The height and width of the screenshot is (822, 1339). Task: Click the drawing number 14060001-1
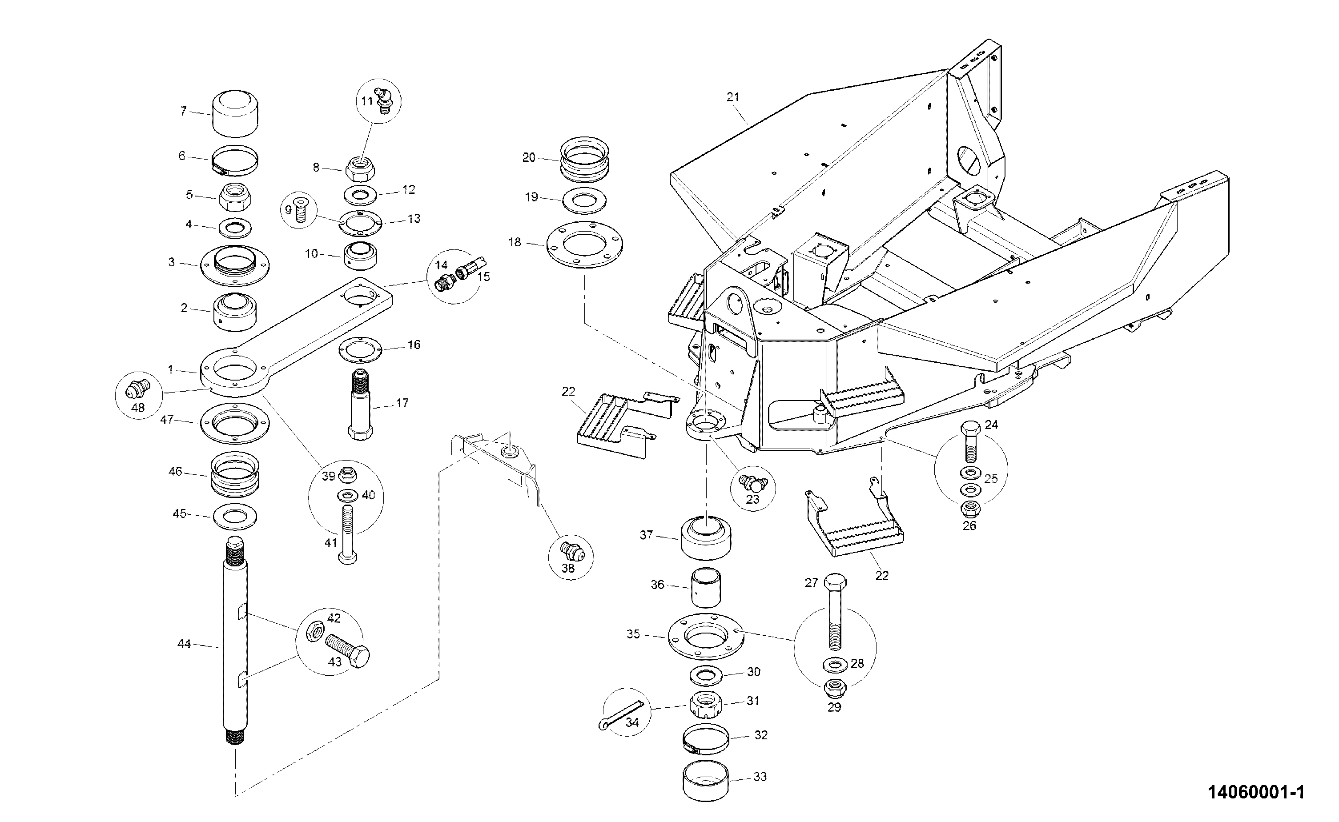[x=1256, y=792]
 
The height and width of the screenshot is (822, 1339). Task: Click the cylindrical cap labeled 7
[x=235, y=114]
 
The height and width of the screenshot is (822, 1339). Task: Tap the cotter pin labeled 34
[x=620, y=714]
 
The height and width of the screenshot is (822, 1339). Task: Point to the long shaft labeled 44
[x=235, y=642]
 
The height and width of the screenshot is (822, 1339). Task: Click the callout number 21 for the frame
[x=733, y=97]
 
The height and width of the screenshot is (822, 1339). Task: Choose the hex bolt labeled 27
[x=836, y=611]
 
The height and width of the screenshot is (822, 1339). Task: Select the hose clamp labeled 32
[x=706, y=740]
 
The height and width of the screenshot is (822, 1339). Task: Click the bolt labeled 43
[x=348, y=651]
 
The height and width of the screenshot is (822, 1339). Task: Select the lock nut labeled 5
[x=235, y=197]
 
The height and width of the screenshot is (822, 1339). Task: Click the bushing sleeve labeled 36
[x=706, y=588]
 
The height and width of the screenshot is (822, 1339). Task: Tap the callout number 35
[x=633, y=634]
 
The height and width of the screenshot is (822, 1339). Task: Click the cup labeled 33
[x=706, y=781]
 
